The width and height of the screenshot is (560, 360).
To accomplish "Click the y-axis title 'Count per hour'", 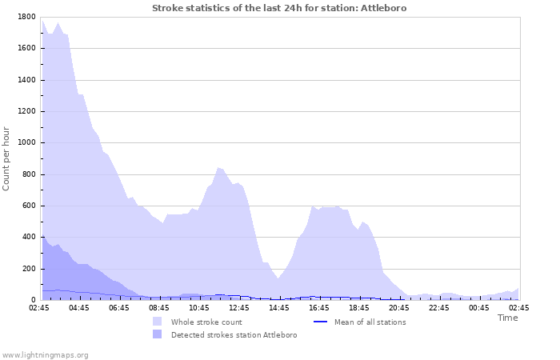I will point(7,158).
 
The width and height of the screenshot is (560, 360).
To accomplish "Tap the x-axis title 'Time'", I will point(507,318).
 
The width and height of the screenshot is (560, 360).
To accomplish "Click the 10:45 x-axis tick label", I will point(199,307).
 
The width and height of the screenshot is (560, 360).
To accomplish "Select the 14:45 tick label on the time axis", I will point(279,307).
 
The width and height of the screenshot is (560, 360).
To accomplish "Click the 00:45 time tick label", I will point(479,307).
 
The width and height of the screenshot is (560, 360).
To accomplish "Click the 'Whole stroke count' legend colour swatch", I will point(157,322).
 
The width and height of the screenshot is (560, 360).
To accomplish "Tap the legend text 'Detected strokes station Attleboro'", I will point(234,335).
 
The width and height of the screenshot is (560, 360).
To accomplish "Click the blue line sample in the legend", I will point(321,322).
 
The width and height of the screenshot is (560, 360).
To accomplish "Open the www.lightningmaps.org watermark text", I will point(45,354).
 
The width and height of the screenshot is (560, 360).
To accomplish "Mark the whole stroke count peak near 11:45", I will point(219,168).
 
